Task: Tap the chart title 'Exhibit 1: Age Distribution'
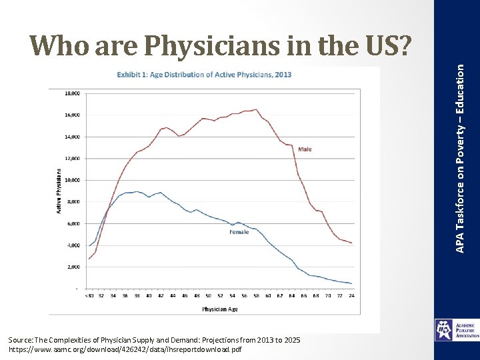tap(204, 75)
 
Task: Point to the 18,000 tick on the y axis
tap(72, 93)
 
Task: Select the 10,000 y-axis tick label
tap(72, 180)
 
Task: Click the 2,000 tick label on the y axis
tap(73, 267)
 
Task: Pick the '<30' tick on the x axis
tap(89, 296)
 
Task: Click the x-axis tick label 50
tap(209, 296)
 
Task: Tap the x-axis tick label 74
tap(351, 296)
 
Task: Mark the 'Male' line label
tap(305, 149)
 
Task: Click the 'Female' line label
tap(239, 232)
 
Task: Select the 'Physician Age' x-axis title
tap(220, 309)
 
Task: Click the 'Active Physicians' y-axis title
tap(59, 190)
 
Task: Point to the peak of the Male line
tap(257, 109)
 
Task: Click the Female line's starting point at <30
tap(89, 246)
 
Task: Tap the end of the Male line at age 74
tap(351, 243)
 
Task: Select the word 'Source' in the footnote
tap(21, 340)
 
